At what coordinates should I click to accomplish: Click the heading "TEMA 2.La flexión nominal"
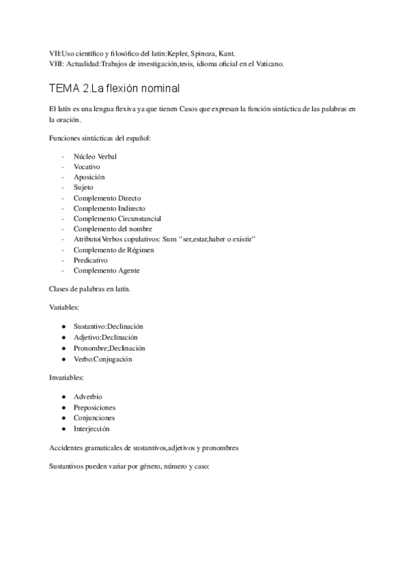114,89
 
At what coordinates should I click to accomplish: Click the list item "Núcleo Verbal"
95,156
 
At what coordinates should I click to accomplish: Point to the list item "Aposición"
89,177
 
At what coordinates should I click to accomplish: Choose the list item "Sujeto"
83,187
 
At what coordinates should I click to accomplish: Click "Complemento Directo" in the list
107,198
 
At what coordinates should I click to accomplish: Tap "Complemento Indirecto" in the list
109,208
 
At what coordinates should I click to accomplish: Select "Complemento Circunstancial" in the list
117,219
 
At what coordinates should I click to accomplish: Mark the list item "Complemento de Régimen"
113,250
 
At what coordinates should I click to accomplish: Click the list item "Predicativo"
91,260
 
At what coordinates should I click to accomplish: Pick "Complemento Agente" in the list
106,271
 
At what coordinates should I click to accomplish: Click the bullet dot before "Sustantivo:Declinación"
63,327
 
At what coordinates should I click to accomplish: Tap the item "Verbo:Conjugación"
102,359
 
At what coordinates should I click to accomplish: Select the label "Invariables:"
66,376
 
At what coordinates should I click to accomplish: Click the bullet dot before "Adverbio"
63,396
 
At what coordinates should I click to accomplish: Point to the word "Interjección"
92,429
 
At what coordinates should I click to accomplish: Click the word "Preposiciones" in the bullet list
94,408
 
